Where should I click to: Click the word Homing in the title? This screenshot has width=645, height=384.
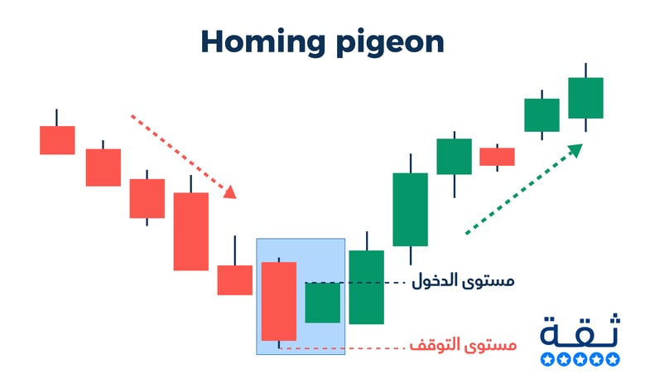(x=263, y=41)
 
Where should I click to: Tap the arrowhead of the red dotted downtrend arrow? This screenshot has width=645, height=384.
(x=230, y=192)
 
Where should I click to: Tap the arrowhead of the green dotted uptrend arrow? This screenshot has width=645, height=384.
(x=575, y=150)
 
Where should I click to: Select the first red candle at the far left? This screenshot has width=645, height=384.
(x=57, y=140)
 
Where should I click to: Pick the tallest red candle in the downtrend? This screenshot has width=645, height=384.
(x=191, y=231)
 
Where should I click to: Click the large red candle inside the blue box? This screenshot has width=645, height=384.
(x=279, y=301)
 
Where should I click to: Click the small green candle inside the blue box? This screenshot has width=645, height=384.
(x=323, y=303)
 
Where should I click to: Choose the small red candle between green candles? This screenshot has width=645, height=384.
(x=497, y=157)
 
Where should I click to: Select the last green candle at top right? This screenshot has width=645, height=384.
(x=585, y=98)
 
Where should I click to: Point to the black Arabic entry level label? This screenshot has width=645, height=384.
(x=463, y=280)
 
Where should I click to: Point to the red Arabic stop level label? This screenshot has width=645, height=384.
(x=463, y=344)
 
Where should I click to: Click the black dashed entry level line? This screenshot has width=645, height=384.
(x=356, y=283)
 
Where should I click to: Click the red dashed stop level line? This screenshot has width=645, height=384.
(x=342, y=348)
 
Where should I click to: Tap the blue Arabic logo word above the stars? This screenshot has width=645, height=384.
(x=580, y=330)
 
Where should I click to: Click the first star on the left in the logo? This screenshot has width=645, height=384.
(x=547, y=359)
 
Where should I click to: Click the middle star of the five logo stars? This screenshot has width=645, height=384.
(x=580, y=359)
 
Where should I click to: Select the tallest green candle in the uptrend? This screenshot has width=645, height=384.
(x=410, y=209)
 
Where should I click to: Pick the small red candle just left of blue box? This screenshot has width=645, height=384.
(x=235, y=280)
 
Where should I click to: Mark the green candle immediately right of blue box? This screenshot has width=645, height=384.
(x=367, y=287)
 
